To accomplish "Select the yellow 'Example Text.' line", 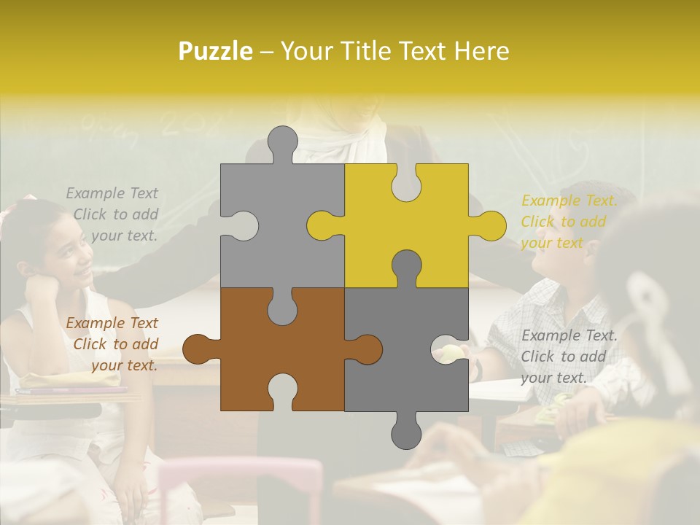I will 569,201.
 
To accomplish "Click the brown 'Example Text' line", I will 112,323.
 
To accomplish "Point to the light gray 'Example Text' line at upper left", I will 112,193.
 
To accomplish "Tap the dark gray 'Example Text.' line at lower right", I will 569,335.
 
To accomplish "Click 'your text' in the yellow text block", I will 551,243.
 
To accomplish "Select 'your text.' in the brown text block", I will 125,365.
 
